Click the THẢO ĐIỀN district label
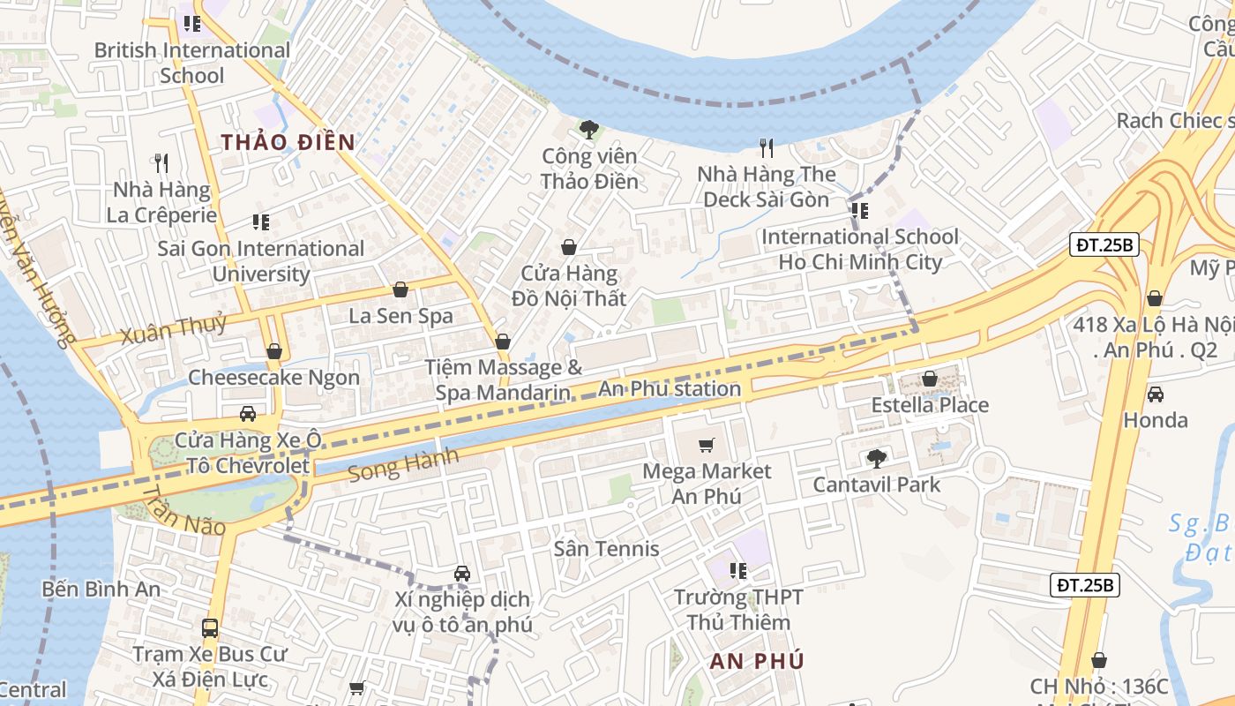[x=288, y=142]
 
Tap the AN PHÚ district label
[x=757, y=661]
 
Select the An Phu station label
[x=670, y=388]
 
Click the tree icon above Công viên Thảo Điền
[x=589, y=131]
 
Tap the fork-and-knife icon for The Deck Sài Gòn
[x=766, y=148]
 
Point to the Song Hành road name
[x=403, y=465]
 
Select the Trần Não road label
[x=183, y=511]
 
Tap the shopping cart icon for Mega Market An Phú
[x=706, y=445]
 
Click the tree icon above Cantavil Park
[x=876, y=458]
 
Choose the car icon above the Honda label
[x=1155, y=394]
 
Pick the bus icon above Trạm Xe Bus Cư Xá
[x=210, y=628]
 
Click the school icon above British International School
[x=191, y=24]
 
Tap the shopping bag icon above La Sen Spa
[x=400, y=289]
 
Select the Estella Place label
[x=930, y=405]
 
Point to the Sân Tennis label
[x=606, y=549]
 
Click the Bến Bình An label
[x=101, y=589]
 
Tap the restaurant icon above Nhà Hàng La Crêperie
[x=161, y=163]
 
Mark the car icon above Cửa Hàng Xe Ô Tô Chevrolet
[x=248, y=414]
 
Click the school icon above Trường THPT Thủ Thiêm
[x=738, y=571]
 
